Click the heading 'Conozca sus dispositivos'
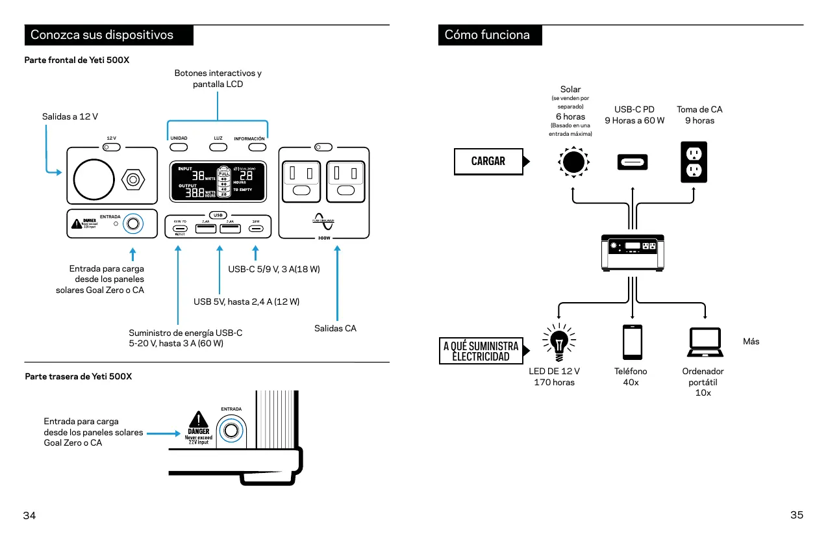102,35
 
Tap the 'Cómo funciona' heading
487,35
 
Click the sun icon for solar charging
573,162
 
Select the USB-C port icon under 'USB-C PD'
633,162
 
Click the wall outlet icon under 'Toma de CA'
694,162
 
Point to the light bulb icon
558,342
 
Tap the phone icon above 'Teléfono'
632,342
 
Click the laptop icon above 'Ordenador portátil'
705,342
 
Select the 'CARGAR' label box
488,161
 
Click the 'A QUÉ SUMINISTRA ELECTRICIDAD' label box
481,351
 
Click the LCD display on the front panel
218,181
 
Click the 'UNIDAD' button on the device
179,146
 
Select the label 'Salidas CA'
335,328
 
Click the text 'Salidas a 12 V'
70,116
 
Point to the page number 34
30,515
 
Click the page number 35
797,515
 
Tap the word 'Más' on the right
751,341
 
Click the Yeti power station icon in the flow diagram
633,252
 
